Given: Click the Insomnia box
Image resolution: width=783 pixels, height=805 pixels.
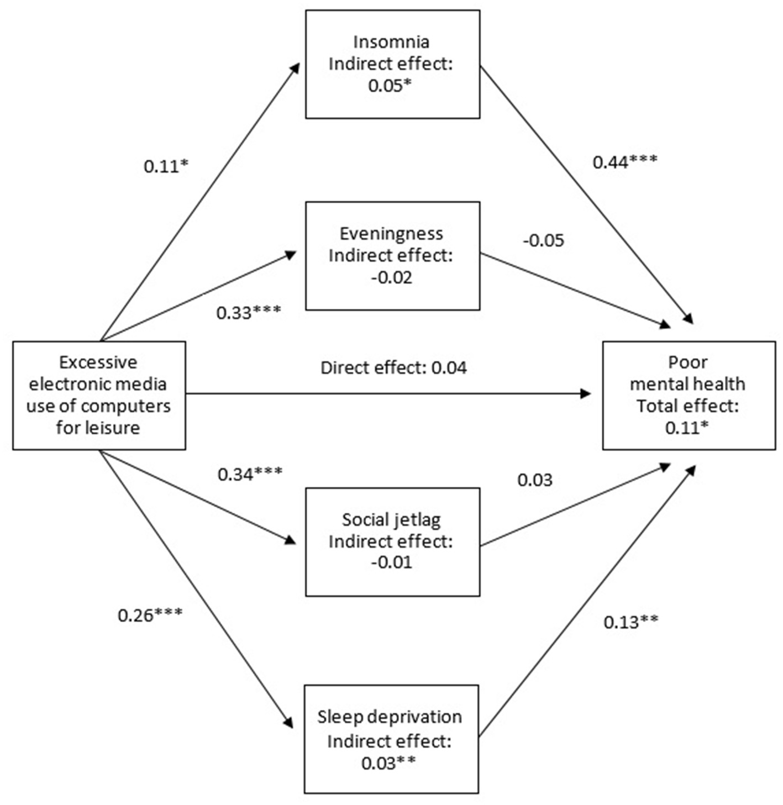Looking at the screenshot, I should coord(392,64).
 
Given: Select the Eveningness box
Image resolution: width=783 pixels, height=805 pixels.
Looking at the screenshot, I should coord(392,256).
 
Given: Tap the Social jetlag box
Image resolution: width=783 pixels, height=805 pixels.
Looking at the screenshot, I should coord(392,541).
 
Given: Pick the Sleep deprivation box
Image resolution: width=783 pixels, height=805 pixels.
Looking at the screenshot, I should coord(391,739).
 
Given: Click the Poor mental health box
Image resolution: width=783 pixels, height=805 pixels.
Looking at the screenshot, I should coord(689,395).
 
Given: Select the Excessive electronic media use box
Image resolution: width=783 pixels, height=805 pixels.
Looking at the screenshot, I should coord(99,395).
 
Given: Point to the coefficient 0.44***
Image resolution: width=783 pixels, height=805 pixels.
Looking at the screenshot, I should coord(625,162).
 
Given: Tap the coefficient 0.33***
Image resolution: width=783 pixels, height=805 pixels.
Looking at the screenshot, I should coord(249,313).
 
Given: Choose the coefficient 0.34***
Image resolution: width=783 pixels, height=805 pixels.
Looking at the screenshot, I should coord(250,474).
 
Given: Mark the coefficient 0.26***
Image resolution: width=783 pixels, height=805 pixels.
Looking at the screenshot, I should coord(150,615).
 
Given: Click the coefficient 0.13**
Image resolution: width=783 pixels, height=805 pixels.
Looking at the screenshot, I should coord(630,623).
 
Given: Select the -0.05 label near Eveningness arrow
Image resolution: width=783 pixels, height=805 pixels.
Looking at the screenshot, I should coord(543,241).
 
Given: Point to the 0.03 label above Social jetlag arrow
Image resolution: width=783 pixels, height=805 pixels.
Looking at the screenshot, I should coord(534,480).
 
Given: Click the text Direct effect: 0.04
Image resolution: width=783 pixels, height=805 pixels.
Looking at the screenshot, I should coord(393,368).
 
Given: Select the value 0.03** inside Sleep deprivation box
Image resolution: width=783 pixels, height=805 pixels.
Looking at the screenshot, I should coord(388,764).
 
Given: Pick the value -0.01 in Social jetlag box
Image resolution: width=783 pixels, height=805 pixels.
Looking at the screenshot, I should coord(391,563).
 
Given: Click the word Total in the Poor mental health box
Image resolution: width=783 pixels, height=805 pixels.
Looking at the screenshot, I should coord(655,406).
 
